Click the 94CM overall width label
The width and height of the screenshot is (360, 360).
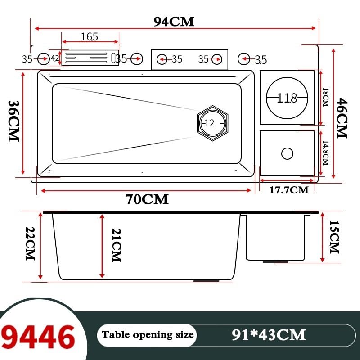click(x=174, y=22)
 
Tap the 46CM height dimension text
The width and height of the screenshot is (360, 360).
click(x=342, y=118)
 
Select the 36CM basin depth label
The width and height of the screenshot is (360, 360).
click(x=14, y=121)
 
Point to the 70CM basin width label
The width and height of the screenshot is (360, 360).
click(x=147, y=199)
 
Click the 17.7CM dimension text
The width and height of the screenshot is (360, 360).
click(x=289, y=190)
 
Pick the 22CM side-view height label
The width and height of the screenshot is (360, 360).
click(x=30, y=243)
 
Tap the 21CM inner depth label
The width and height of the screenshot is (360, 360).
click(x=117, y=245)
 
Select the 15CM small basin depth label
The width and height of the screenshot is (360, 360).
click(x=334, y=237)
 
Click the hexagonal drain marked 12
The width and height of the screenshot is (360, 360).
click(x=213, y=123)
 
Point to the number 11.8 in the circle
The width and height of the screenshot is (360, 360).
click(x=287, y=98)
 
